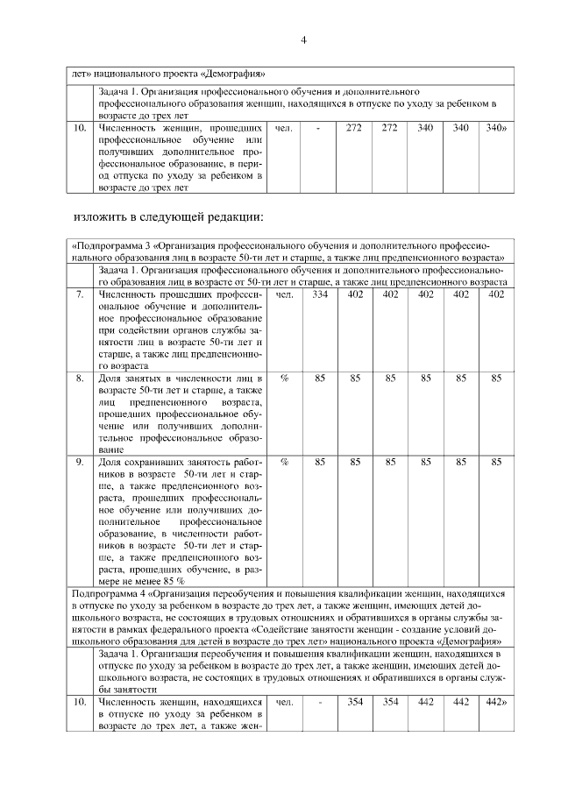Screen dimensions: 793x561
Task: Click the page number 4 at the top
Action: point(302,39)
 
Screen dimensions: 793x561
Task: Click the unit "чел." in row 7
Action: point(284,295)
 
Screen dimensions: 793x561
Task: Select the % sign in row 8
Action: point(284,379)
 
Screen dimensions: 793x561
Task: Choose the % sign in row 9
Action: point(284,462)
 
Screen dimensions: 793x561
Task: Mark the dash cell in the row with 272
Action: point(319,129)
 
